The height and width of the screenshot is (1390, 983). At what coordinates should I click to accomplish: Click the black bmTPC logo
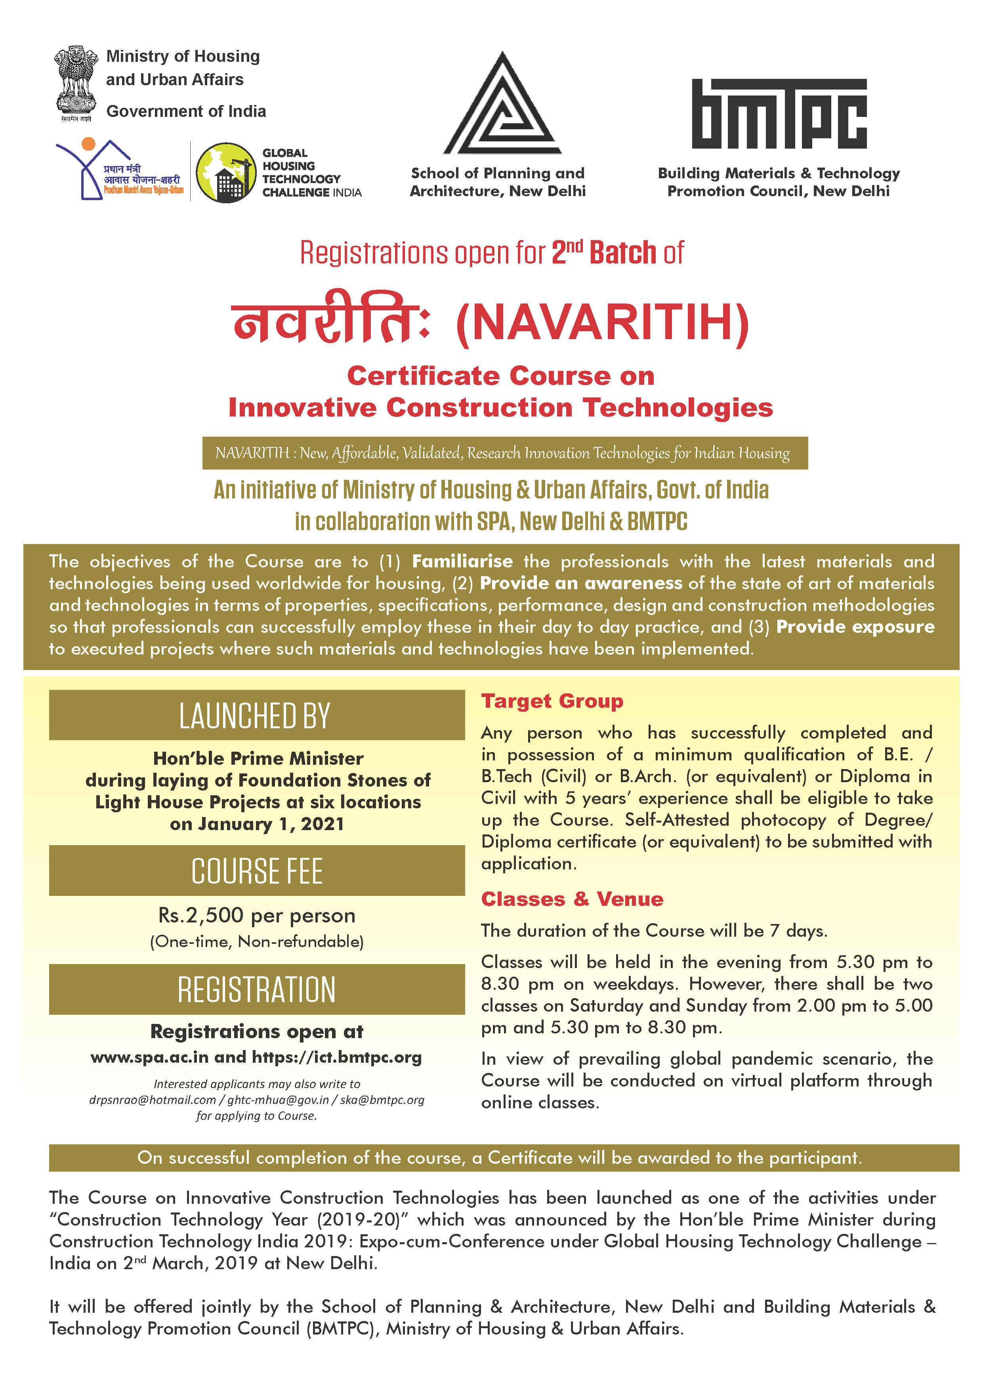coord(779,114)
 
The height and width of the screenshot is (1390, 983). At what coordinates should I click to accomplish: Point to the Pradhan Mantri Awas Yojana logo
coord(120,171)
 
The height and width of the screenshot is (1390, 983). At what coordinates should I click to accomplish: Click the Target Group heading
coord(552,701)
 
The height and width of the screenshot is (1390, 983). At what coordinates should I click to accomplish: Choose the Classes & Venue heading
coord(572,899)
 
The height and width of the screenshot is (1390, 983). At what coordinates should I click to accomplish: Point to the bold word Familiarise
coord(462,561)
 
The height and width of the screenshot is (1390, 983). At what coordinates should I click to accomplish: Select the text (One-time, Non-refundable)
coord(257,941)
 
